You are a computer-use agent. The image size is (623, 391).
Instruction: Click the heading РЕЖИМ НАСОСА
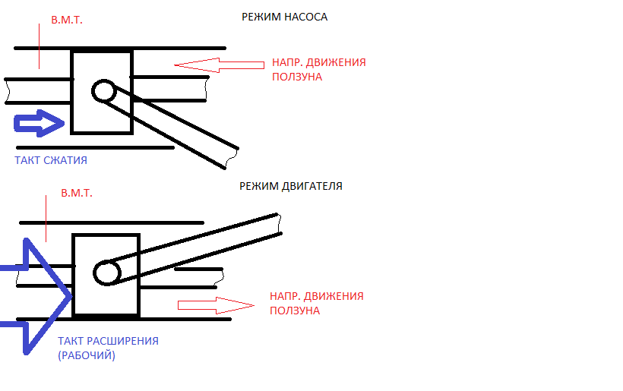coord(284,17)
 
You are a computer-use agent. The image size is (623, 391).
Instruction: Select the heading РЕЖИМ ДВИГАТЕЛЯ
coord(291,186)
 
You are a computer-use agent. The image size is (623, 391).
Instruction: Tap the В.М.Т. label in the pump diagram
coord(67,20)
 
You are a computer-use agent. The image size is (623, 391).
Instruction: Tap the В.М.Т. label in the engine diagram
coord(77,194)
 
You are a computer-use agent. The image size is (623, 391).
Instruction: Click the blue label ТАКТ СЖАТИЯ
coord(51,160)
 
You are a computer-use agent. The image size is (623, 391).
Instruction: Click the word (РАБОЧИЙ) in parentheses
coord(87,355)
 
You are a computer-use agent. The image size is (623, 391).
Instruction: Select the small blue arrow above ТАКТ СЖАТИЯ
coord(39,124)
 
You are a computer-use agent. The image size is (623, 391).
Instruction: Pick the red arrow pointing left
coord(220,65)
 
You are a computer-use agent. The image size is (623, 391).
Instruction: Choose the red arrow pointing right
coord(216,305)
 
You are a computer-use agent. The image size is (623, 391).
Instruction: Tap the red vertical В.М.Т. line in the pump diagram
coord(39,46)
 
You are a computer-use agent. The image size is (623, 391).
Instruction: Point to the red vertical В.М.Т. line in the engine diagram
coord(46,219)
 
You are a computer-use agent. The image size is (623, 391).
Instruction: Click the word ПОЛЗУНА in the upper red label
coord(297,77)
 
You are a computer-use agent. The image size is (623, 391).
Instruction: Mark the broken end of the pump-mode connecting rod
coord(232,159)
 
